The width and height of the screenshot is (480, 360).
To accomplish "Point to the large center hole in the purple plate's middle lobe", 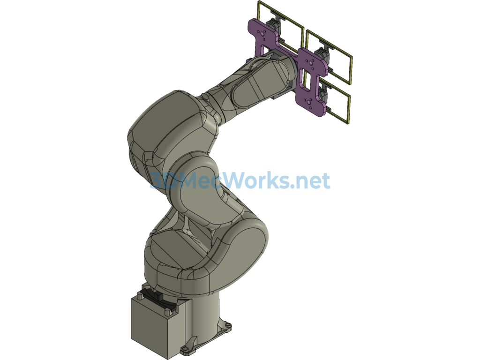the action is (311, 63).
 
